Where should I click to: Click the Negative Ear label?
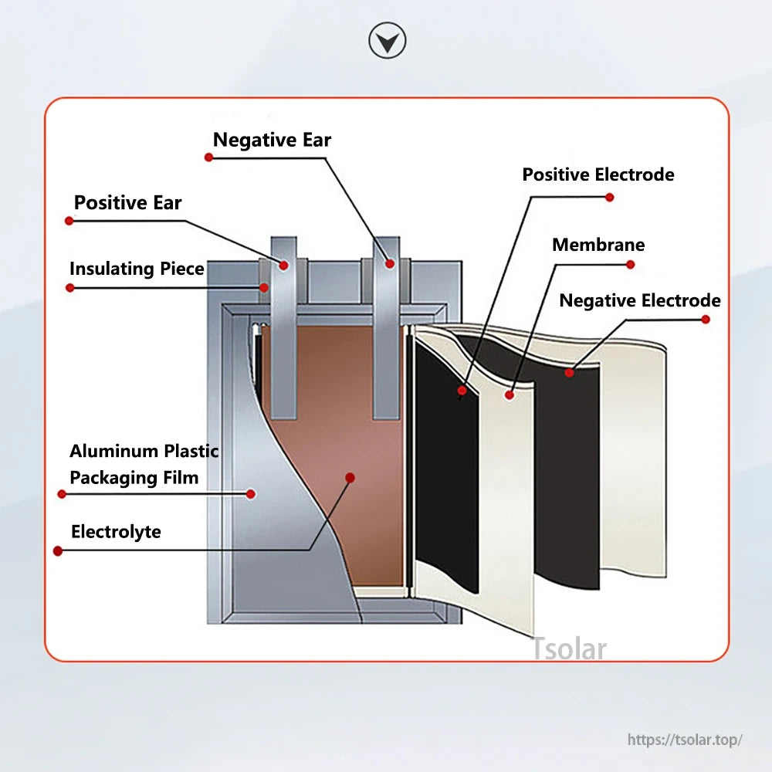coord(272,141)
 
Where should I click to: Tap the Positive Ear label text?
coord(127,203)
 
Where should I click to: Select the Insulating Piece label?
coord(137,269)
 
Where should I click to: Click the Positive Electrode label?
coord(598,175)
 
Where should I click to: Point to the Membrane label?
coord(598,245)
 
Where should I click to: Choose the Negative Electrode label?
coord(639,300)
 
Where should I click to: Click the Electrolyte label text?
coord(116,532)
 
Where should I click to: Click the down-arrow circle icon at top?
coord(387,41)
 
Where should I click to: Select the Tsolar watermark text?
coord(569,649)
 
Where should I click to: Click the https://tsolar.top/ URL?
coord(685,740)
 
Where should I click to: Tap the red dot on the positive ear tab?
coord(283,265)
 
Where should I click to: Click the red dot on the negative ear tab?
coord(390,264)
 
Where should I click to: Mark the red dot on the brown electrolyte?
coord(350,478)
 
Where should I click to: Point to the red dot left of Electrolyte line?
coord(57,551)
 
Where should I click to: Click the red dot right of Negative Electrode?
coord(706,319)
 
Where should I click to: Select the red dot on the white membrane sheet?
coord(510,395)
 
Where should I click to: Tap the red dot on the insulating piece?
coord(264,287)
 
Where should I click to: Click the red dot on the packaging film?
coord(250,493)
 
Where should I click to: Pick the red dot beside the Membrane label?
coord(630,264)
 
